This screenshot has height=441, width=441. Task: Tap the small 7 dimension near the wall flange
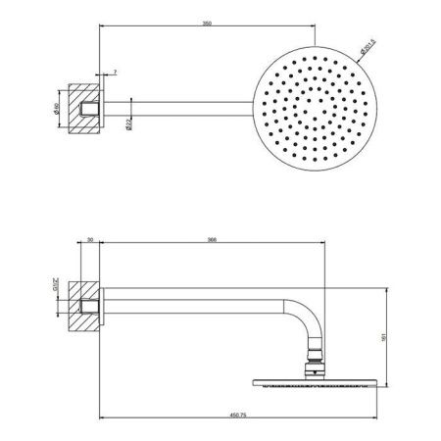coord(117,73)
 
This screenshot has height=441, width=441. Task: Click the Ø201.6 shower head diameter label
coord(367,45)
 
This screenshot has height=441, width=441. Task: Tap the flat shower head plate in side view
coord(313,384)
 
